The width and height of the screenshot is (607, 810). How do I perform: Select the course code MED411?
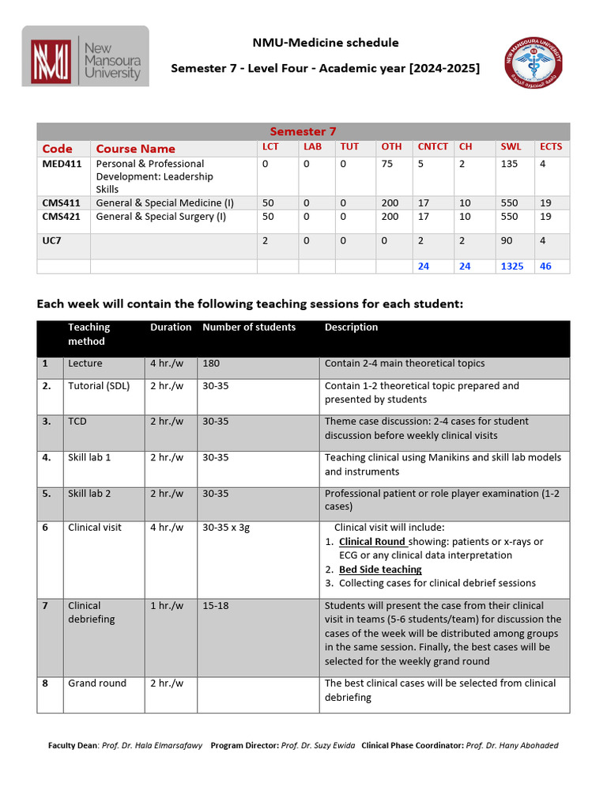[62, 164]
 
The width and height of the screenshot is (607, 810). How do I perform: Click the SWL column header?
[511, 147]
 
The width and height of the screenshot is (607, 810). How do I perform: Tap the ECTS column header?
[551, 147]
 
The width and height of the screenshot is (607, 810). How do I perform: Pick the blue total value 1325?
[511, 267]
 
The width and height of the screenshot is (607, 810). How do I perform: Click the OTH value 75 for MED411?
[387, 164]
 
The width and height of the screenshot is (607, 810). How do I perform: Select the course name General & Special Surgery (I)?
[160, 216]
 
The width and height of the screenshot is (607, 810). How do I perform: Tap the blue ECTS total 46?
[545, 267]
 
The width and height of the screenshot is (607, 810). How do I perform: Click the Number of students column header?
[249, 327]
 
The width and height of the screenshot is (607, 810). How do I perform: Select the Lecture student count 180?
[211, 364]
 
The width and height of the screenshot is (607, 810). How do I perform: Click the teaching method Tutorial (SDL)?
[99, 386]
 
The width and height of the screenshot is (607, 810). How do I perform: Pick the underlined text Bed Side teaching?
[380, 570]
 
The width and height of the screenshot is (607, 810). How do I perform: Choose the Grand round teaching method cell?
[97, 683]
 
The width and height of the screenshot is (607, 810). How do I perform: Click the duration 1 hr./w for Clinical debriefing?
[167, 606]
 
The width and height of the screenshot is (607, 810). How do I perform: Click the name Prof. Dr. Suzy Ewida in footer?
[318, 745]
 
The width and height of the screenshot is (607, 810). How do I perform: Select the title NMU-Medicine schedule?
[325, 43]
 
